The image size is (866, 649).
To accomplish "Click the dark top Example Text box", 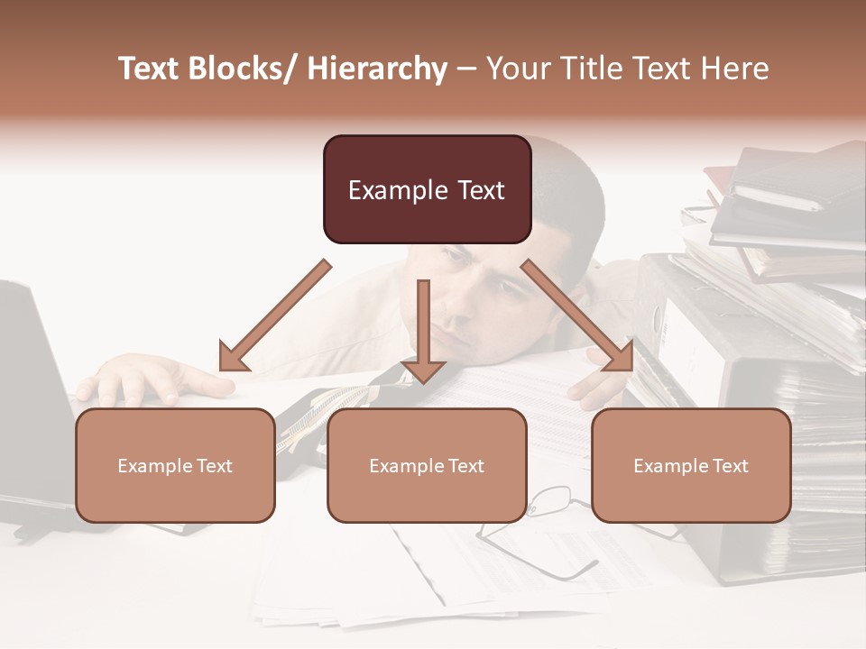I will coord(427,189).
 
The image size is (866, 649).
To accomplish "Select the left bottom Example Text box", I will coord(175,465).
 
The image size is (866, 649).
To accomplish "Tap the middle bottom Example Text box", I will coord(427,465).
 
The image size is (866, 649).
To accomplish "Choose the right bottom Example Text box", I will coord(691,465).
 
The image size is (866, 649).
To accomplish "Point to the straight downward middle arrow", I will coord(423,334).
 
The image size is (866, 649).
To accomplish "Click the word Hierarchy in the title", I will coord(377,69).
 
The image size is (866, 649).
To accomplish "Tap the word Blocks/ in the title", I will coord(243,69).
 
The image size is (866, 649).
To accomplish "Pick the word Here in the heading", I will coord(736,69).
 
